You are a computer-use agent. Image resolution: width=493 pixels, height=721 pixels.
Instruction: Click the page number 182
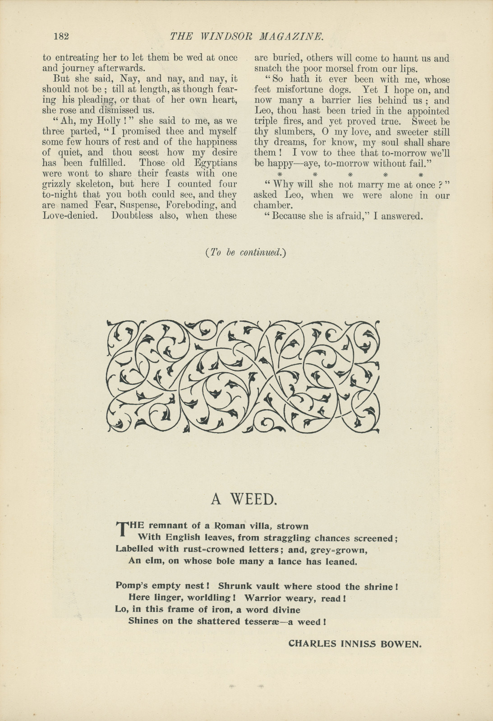[x=61, y=37]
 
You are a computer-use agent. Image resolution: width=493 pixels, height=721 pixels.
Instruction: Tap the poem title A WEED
[x=243, y=499]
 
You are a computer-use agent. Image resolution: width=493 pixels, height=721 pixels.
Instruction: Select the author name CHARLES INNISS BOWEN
[x=355, y=643]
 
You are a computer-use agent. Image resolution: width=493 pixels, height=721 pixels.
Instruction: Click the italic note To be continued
[x=246, y=252]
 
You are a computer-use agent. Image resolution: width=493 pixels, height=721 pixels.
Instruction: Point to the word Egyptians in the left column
[x=216, y=163]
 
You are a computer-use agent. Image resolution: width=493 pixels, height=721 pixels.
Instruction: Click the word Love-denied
[x=70, y=215]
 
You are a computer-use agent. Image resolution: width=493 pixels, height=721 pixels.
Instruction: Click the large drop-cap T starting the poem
[x=122, y=529]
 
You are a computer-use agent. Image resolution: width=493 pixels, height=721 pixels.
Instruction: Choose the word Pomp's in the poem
[x=130, y=586]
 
